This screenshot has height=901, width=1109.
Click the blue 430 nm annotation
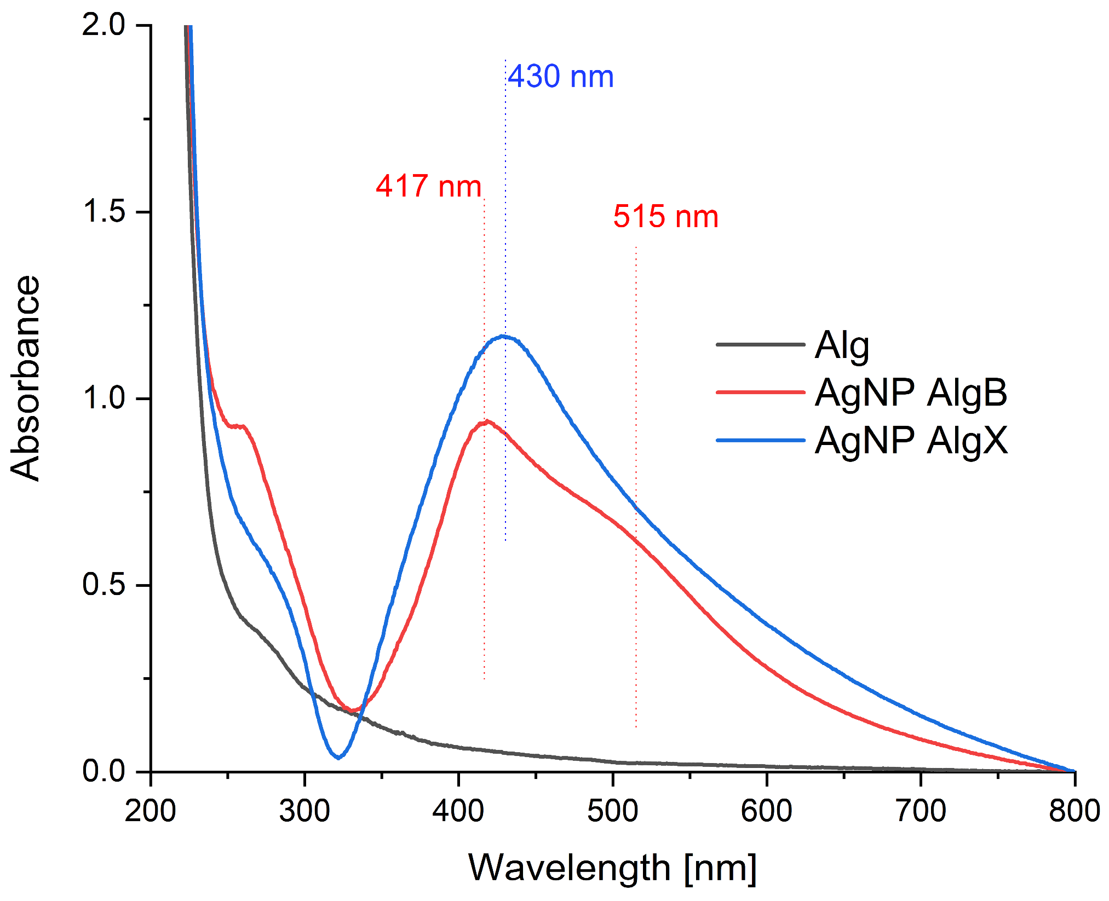(560, 77)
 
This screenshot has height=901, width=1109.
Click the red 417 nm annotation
(428, 187)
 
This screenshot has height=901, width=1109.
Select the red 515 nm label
(665, 217)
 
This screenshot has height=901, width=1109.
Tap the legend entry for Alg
(842, 346)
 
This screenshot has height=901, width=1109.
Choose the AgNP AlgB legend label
(911, 393)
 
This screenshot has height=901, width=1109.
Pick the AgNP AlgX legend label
(911, 440)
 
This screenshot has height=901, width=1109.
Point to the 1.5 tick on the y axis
(104, 212)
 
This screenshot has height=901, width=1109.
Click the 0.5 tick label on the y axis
(104, 585)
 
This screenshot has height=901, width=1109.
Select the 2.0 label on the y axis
(104, 25)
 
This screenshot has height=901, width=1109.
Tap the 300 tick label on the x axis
(304, 811)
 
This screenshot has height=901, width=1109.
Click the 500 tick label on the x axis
(613, 811)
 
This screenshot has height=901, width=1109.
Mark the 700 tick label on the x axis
(921, 811)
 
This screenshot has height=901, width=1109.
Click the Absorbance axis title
(26, 378)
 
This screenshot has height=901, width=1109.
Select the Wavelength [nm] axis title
(612, 868)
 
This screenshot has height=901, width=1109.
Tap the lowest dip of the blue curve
(338, 757)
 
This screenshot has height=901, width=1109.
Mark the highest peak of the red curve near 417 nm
(486, 421)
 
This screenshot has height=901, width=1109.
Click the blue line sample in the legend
(760, 440)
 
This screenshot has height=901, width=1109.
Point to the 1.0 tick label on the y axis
(104, 398)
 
